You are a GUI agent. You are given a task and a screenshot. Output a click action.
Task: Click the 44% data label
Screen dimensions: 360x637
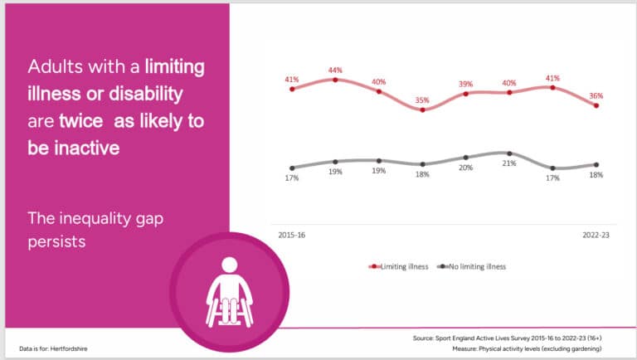(335, 69)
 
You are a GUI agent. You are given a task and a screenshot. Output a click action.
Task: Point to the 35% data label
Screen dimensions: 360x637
(422, 100)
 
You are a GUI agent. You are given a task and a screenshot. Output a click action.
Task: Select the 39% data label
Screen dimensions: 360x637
(465, 84)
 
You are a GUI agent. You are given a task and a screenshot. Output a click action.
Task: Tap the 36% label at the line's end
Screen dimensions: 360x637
(596, 95)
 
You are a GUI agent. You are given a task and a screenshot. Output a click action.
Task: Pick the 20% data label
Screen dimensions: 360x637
(465, 167)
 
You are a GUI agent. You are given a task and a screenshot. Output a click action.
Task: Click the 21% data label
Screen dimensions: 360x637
(508, 163)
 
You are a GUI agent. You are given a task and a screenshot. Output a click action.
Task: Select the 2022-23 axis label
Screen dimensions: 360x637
(594, 235)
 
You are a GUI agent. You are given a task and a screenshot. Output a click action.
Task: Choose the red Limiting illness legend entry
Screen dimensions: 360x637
(397, 266)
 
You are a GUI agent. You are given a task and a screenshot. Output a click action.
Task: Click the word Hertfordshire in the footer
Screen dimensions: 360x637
(68, 348)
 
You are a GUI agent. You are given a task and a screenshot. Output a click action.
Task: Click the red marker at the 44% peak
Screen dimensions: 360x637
(335, 80)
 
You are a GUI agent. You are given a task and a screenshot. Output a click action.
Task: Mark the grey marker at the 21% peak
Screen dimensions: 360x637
(509, 153)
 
